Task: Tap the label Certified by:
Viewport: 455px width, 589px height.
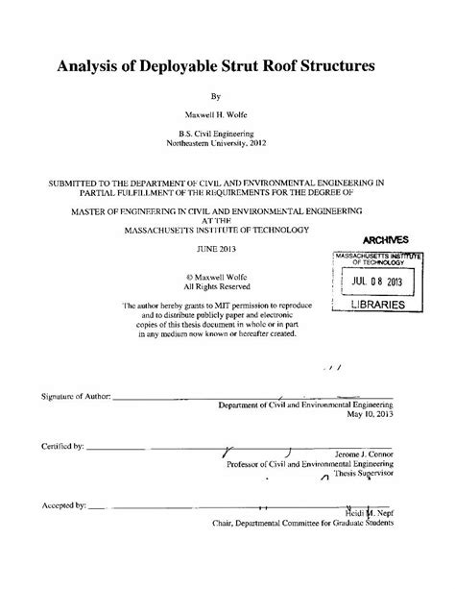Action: click(x=63, y=447)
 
